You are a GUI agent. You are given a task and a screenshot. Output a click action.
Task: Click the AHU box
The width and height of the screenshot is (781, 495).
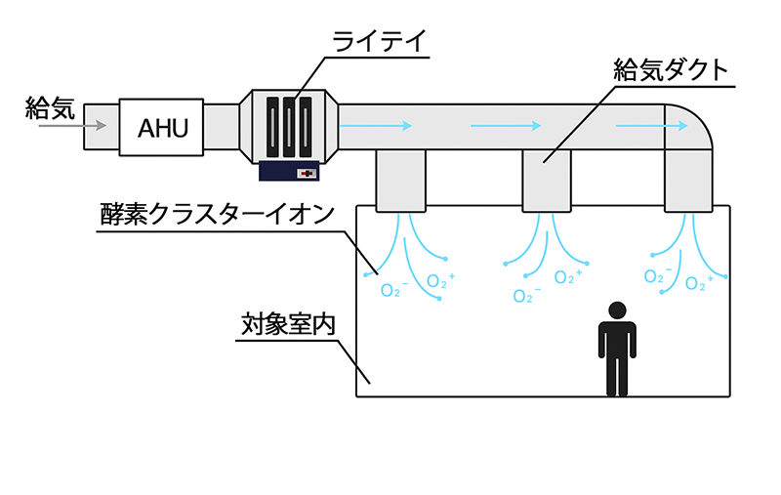coord(162,127)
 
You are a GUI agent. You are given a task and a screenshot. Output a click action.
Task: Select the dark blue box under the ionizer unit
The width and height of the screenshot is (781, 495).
coord(291,171)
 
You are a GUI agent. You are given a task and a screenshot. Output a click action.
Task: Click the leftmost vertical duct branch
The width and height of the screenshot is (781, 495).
coord(401,181)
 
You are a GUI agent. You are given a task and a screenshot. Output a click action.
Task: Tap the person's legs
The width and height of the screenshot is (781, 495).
coord(616,376)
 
